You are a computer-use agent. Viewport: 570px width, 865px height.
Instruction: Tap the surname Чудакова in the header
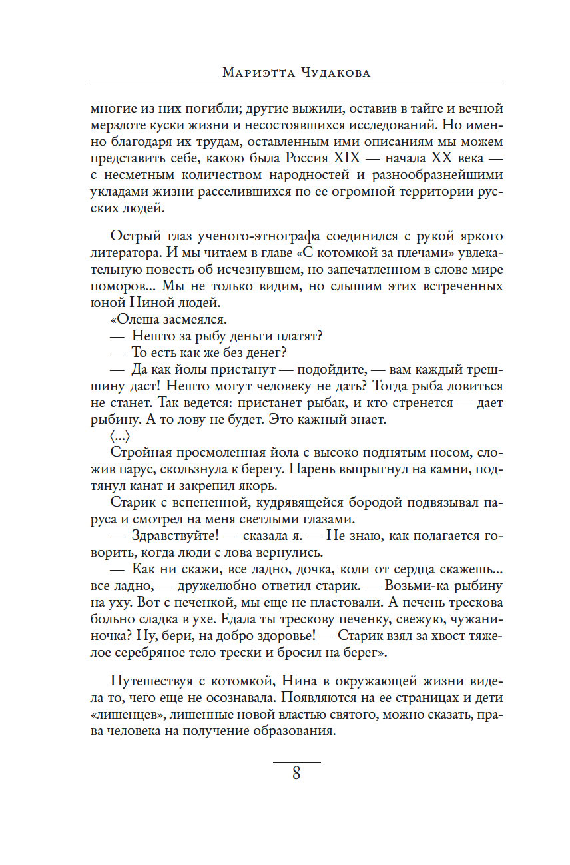coord(334,73)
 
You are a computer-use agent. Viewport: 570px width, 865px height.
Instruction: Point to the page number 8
coord(296,774)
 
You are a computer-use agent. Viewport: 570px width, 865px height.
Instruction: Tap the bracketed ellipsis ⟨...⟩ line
coord(120,437)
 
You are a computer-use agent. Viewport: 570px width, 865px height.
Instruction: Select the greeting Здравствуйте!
coord(172,535)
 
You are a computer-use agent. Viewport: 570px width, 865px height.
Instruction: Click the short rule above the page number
coord(296,761)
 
